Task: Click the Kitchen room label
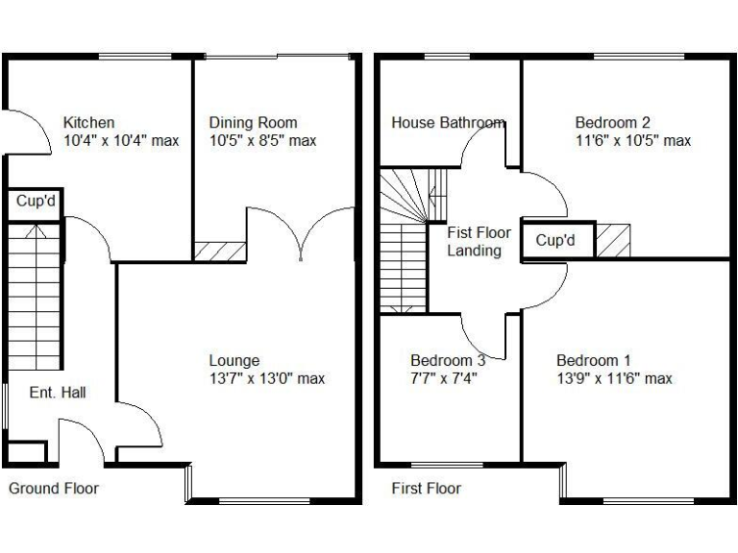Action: pyautogui.click(x=89, y=123)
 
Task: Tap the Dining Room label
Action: pyautogui.click(x=253, y=123)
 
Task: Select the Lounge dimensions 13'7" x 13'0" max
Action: pyautogui.click(x=267, y=378)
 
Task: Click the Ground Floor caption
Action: pyautogui.click(x=54, y=488)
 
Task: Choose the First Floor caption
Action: pyautogui.click(x=426, y=488)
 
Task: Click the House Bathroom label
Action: pyautogui.click(x=448, y=123)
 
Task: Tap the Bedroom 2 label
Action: pyautogui.click(x=612, y=123)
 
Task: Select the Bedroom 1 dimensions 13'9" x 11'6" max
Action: pyautogui.click(x=614, y=378)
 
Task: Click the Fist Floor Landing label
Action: pyautogui.click(x=479, y=241)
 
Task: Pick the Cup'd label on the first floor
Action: pyautogui.click(x=555, y=241)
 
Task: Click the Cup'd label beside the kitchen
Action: pyautogui.click(x=36, y=202)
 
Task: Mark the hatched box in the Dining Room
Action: pyautogui.click(x=220, y=251)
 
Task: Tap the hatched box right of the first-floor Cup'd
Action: pyautogui.click(x=613, y=240)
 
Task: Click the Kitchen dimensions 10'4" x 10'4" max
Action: pyautogui.click(x=121, y=141)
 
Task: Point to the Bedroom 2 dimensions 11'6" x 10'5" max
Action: pyautogui.click(x=632, y=141)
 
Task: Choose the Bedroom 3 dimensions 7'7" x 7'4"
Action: pyautogui.click(x=444, y=378)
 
